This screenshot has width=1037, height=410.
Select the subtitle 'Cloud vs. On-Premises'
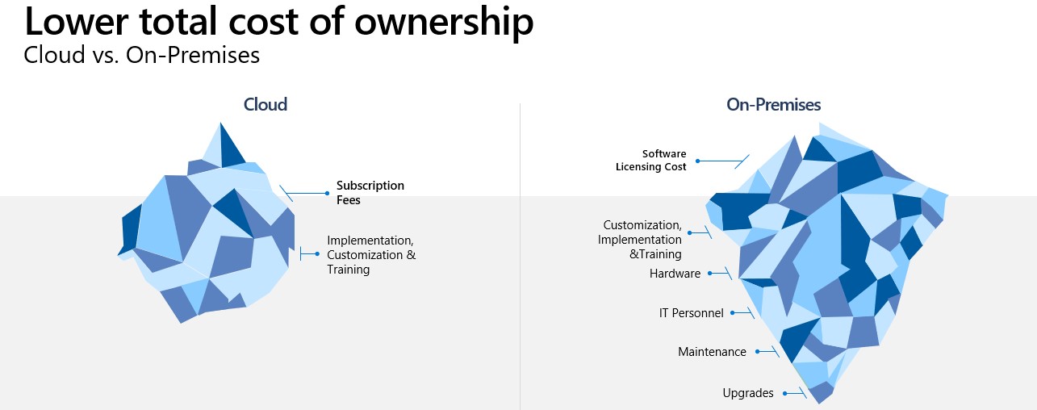coord(141,55)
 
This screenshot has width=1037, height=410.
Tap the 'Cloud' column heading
coord(266,104)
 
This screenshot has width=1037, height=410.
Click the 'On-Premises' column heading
coord(773,104)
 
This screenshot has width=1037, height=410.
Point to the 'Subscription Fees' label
coord(370,192)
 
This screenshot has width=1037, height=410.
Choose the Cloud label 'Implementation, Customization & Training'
coord(370,255)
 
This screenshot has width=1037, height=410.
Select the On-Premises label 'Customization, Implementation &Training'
coord(642,240)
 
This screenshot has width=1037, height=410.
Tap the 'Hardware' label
coord(675,274)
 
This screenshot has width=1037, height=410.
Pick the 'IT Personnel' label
coord(691,312)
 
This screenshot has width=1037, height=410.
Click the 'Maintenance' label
coord(712,352)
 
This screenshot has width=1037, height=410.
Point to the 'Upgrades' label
coord(748,393)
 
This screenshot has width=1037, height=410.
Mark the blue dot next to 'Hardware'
coord(710,274)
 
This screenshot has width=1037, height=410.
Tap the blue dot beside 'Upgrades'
coord(783,393)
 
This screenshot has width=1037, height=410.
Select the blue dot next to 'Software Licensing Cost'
coord(697,161)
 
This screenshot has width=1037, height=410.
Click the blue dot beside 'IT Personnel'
coord(733,312)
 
